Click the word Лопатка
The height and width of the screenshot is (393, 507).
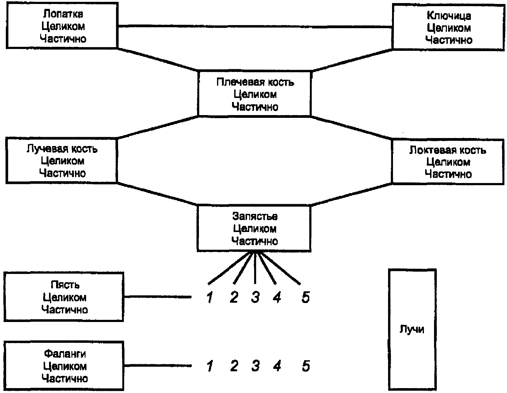click(x=63, y=14)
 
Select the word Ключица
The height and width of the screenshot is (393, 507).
click(x=449, y=16)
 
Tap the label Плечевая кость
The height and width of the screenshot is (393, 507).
click(x=255, y=82)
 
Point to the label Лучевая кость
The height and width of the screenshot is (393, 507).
click(x=62, y=149)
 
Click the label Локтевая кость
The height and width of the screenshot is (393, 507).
click(x=448, y=150)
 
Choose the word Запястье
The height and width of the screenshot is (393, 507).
click(x=255, y=216)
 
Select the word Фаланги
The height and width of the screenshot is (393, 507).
click(x=65, y=354)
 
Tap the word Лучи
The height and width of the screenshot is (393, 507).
click(x=412, y=329)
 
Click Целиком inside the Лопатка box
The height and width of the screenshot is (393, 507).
click(x=63, y=26)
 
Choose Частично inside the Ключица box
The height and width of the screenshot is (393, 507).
click(x=449, y=40)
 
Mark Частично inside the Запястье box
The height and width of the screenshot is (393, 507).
click(x=254, y=241)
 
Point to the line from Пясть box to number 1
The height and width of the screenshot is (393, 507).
click(x=158, y=297)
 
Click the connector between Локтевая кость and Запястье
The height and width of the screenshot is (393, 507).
click(x=351, y=195)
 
